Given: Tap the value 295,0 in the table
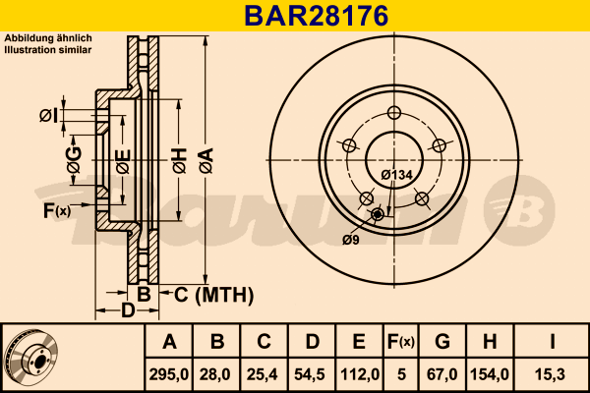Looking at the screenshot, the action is (169, 374).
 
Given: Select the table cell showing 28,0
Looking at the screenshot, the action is (217, 374).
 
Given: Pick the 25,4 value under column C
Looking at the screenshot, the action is (265, 374).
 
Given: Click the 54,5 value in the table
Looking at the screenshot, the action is (312, 374).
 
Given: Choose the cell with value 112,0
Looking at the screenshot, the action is (359, 374).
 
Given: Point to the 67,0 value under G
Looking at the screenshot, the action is (442, 374).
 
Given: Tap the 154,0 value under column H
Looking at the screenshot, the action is (489, 374).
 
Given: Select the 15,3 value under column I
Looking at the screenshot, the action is (553, 374).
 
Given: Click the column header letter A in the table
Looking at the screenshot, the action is (169, 342).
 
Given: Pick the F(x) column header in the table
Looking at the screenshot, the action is (400, 342).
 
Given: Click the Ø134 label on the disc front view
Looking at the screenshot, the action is (395, 175).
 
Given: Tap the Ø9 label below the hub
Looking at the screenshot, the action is (350, 239).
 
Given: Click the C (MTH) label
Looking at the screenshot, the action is (213, 294).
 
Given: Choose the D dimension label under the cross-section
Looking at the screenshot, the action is (128, 311).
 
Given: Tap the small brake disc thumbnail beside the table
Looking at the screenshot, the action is (31, 359).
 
